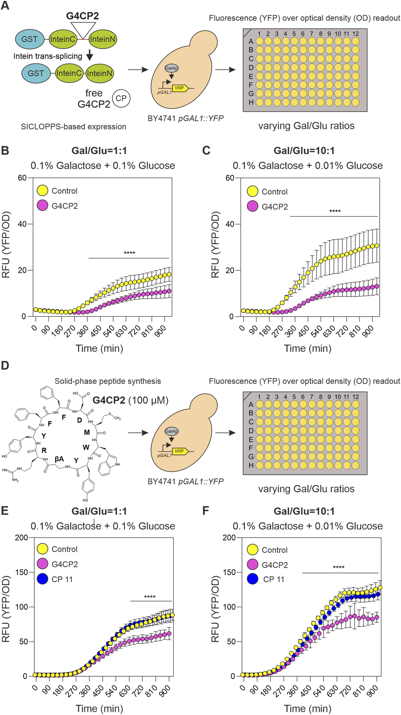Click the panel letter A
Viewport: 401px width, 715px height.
click(x=5, y=5)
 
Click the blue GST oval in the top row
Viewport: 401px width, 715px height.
click(x=29, y=39)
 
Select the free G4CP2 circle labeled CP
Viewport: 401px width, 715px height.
click(x=121, y=98)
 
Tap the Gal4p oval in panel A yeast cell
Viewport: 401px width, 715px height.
click(x=172, y=68)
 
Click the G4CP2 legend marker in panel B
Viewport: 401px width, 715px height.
click(x=42, y=206)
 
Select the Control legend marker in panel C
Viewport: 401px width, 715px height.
click(x=252, y=191)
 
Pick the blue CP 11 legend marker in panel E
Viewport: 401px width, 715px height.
click(x=42, y=579)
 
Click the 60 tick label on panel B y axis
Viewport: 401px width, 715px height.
click(x=22, y=178)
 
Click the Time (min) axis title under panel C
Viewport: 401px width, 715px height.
click(x=307, y=348)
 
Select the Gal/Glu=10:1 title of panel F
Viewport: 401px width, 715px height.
click(x=304, y=511)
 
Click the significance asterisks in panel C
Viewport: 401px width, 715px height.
click(x=335, y=211)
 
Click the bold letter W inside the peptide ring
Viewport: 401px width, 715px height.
click(x=86, y=447)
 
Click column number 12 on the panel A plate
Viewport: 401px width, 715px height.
click(x=355, y=34)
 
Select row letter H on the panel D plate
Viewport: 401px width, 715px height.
click(x=251, y=465)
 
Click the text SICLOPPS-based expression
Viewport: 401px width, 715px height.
click(x=74, y=127)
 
